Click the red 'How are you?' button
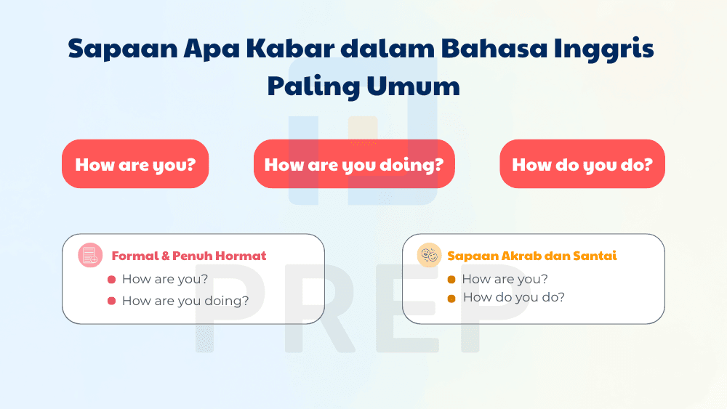[x=135, y=164]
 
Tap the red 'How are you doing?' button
[x=353, y=164]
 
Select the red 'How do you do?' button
[x=582, y=164]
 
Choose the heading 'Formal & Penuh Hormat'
[x=189, y=256]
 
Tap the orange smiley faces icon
[x=429, y=255]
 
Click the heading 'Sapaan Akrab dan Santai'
[x=532, y=256]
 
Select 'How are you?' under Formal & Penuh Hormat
[x=165, y=279]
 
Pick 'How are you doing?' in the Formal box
[x=185, y=301]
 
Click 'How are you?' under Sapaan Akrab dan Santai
[x=505, y=279]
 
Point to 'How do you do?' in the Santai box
[x=513, y=297]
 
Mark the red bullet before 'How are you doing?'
[x=111, y=301]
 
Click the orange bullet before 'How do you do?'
[x=451, y=298]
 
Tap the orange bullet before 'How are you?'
[x=451, y=280]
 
